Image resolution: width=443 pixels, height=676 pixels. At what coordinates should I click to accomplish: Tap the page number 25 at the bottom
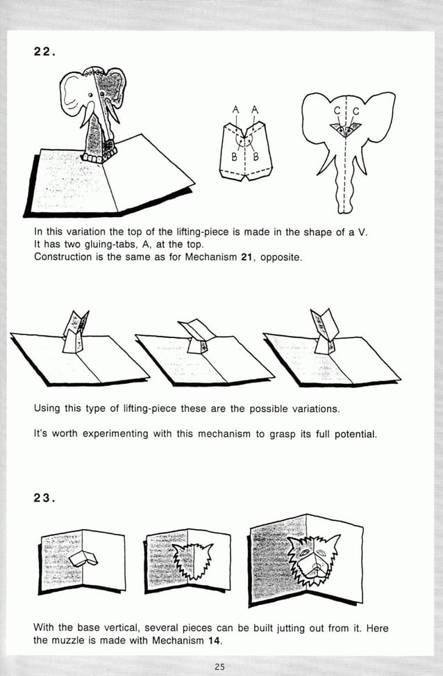click(219, 667)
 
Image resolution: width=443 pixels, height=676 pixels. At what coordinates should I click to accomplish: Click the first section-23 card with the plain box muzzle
click(81, 561)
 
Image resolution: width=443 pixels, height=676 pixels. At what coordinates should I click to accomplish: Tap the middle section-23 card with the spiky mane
click(187, 561)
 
